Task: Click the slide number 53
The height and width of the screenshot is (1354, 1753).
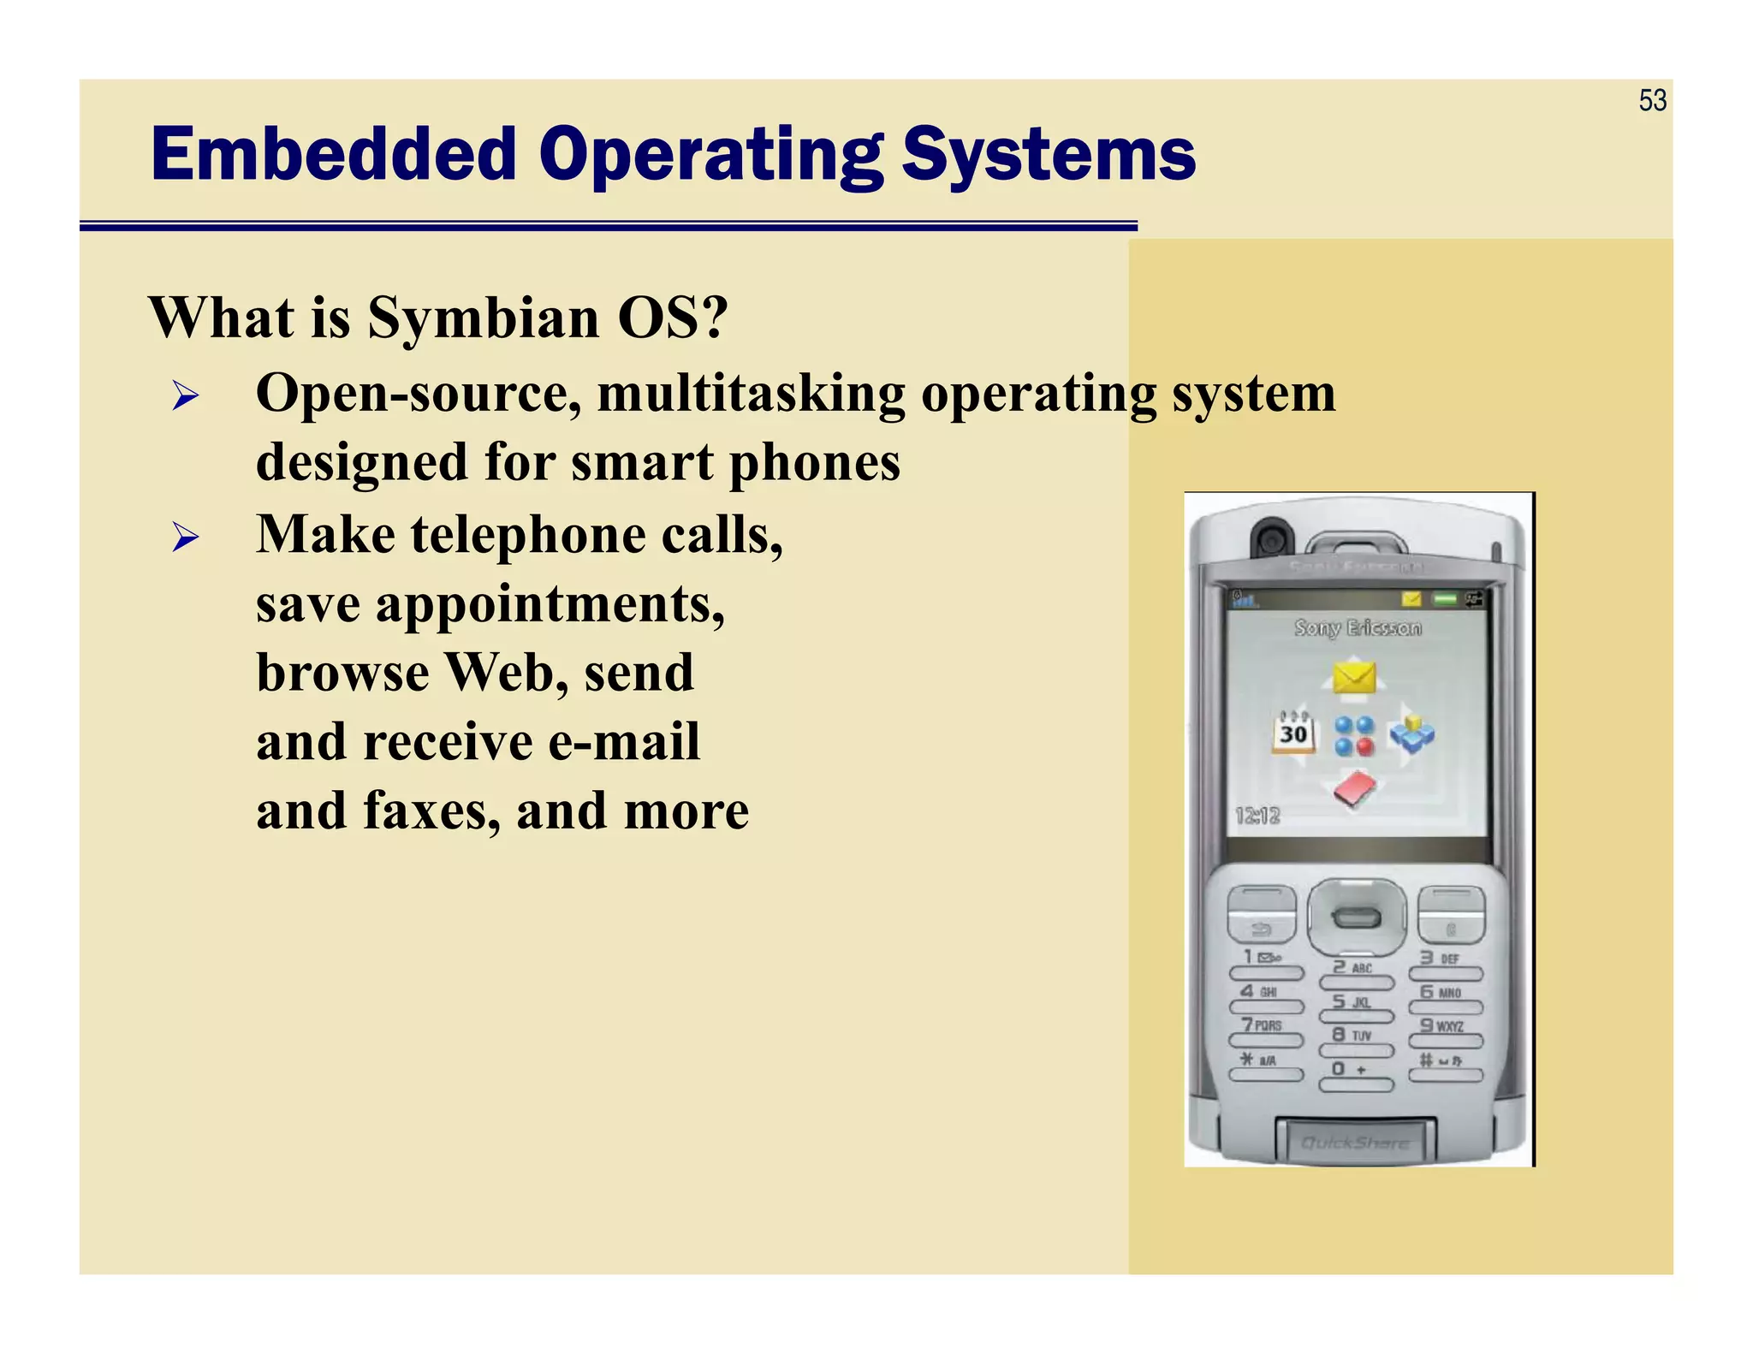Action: (1652, 101)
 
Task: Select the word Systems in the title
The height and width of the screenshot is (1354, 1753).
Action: (1049, 155)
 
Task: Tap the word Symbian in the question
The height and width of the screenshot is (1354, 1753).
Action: (484, 318)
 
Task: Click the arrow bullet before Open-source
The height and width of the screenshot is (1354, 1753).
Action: (185, 396)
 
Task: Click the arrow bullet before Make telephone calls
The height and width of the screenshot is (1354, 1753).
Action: (185, 537)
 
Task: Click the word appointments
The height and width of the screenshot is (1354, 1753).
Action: (550, 604)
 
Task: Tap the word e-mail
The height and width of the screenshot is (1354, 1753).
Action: (623, 742)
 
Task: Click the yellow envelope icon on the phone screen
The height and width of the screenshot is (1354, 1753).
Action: (1354, 678)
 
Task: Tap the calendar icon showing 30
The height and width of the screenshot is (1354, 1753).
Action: (1292, 733)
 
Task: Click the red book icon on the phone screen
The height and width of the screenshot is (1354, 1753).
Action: (1354, 789)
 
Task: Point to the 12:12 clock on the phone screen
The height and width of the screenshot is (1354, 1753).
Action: (1257, 816)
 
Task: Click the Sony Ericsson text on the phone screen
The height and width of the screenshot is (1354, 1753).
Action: (1358, 627)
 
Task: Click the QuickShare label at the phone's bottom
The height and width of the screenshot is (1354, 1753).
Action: (1354, 1143)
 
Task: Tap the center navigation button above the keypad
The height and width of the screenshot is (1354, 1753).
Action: (1357, 918)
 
